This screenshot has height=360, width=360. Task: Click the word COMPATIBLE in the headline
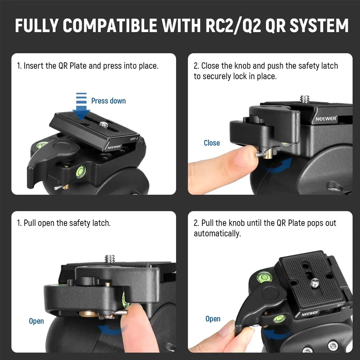[110, 25]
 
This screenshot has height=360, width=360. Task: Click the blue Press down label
[108, 101]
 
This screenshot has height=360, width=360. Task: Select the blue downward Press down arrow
[81, 106]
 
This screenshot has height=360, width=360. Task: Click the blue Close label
[212, 143]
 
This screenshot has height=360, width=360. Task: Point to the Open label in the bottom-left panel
[36, 321]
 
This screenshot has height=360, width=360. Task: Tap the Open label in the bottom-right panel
[213, 319]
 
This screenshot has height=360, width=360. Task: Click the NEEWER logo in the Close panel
[326, 118]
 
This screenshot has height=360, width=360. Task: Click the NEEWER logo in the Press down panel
[114, 147]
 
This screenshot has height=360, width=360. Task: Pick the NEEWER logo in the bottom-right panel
[310, 313]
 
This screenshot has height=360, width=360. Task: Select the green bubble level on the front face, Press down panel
[81, 171]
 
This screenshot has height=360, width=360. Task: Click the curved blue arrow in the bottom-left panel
[111, 330]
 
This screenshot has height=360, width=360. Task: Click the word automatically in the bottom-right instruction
[217, 234]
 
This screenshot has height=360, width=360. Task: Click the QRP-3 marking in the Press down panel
[134, 139]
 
